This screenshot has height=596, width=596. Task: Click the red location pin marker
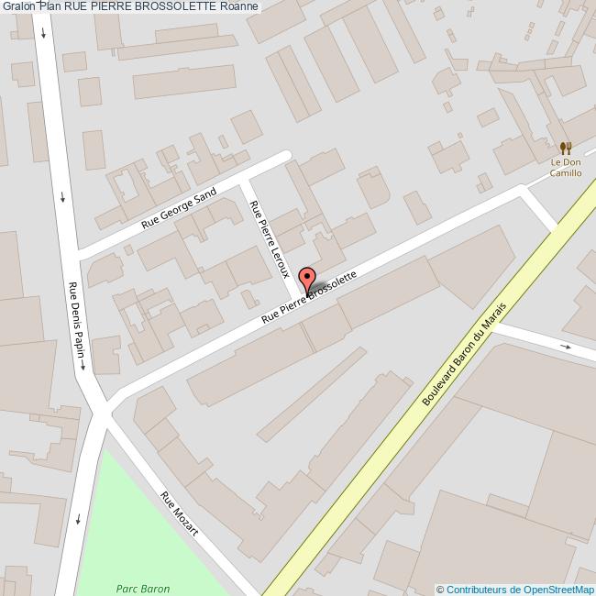pyautogui.click(x=307, y=279)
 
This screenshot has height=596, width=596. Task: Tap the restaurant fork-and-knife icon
pyautogui.click(x=566, y=148)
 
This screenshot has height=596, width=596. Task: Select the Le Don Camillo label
pyautogui.click(x=566, y=168)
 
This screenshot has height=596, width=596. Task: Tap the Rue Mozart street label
pyautogui.click(x=179, y=513)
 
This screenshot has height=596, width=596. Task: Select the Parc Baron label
pyautogui.click(x=142, y=589)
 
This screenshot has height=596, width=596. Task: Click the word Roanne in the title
pyautogui.click(x=239, y=6)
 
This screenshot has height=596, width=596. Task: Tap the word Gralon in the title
pyautogui.click(x=18, y=6)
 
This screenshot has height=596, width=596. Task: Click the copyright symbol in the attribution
pyautogui.click(x=440, y=590)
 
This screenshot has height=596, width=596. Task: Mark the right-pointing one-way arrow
pyautogui.click(x=566, y=347)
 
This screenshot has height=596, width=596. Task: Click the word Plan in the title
pyautogui.click(x=50, y=6)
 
